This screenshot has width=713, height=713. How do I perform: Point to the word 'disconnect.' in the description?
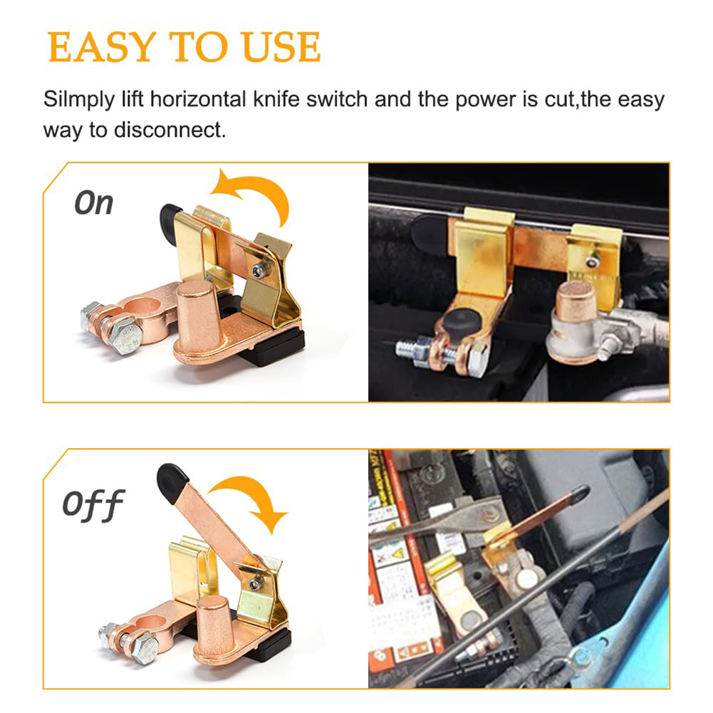point(175,131)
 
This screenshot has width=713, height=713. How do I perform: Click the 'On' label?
point(94,203)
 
